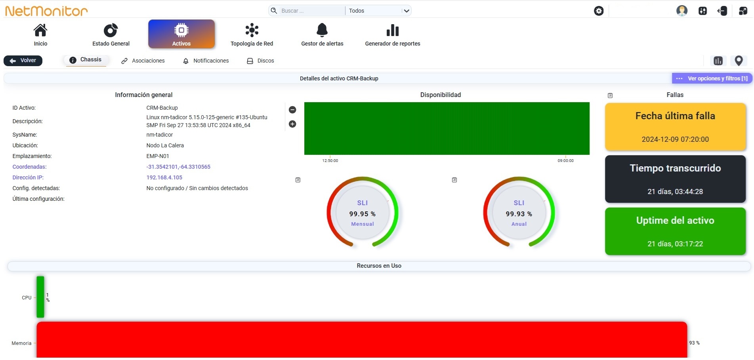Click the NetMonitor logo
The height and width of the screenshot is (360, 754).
pyautogui.click(x=46, y=11)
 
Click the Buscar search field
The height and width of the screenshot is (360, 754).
pyautogui.click(x=311, y=11)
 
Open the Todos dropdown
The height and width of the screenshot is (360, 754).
pyautogui.click(x=378, y=11)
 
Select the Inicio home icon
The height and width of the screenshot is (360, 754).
pyautogui.click(x=40, y=30)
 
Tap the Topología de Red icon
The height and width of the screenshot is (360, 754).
pyautogui.click(x=252, y=30)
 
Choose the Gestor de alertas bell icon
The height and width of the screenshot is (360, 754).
pyautogui.click(x=322, y=30)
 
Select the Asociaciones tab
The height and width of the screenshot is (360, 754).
pyautogui.click(x=143, y=61)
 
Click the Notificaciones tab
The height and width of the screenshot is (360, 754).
pyautogui.click(x=206, y=61)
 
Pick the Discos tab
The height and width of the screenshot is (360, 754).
pyautogui.click(x=261, y=61)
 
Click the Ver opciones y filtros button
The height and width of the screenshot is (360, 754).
pyautogui.click(x=712, y=78)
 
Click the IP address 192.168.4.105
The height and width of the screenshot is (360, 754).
pyautogui.click(x=164, y=177)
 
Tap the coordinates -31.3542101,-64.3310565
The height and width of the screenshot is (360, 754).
pyautogui.click(x=178, y=167)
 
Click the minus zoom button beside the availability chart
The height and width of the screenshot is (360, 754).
pyautogui.click(x=292, y=110)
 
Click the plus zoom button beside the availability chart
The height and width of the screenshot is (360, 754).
pyautogui.click(x=292, y=124)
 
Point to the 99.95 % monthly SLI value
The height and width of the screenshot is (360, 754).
pyautogui.click(x=363, y=214)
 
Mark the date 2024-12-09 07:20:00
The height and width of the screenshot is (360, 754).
pyautogui.click(x=675, y=139)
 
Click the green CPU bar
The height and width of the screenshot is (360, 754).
pyautogui.click(x=40, y=297)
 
